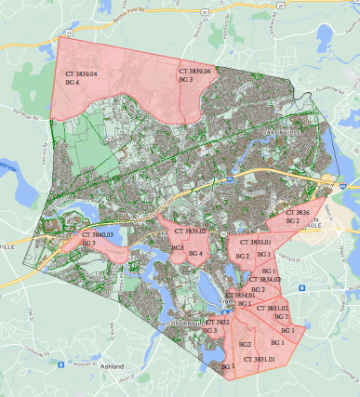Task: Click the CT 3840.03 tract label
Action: [96, 235]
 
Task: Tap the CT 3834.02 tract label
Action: [263, 279]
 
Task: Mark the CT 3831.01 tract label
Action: [259, 359]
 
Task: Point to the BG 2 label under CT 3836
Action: [292, 221]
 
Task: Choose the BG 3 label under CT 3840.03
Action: [88, 244]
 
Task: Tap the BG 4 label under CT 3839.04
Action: [73, 83]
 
